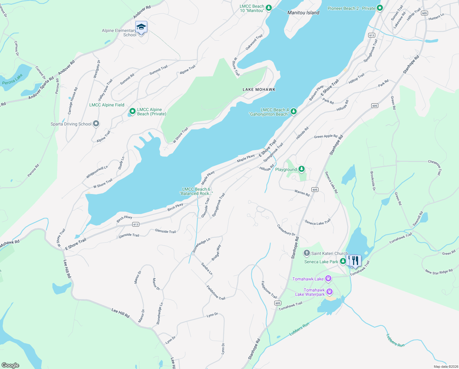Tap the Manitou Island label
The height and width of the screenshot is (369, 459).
coord(303,13)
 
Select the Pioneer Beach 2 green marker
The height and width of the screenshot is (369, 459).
coord(380,8)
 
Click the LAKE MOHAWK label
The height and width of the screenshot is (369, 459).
coord(259,89)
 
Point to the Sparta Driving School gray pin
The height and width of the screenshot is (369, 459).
coord(96,124)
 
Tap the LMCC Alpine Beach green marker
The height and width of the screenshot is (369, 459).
coord(132,111)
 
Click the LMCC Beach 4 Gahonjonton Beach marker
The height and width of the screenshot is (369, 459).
coord(294,111)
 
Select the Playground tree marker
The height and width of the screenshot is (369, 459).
coord(302,169)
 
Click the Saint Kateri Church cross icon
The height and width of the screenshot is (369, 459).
coord(307,253)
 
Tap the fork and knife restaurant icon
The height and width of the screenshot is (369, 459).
coord(355,260)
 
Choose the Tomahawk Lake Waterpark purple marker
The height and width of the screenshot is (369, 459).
coord(330,292)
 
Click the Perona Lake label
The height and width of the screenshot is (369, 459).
coord(12,79)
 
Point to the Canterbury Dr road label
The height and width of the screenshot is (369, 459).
coord(286,230)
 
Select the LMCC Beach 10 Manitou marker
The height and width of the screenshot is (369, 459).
coord(269,8)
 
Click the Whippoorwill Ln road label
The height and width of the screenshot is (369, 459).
coord(97,172)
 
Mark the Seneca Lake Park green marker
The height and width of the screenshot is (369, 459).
coord(343,261)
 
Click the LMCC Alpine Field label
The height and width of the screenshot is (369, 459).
coord(107,105)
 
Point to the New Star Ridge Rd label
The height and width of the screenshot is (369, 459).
coord(439,272)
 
